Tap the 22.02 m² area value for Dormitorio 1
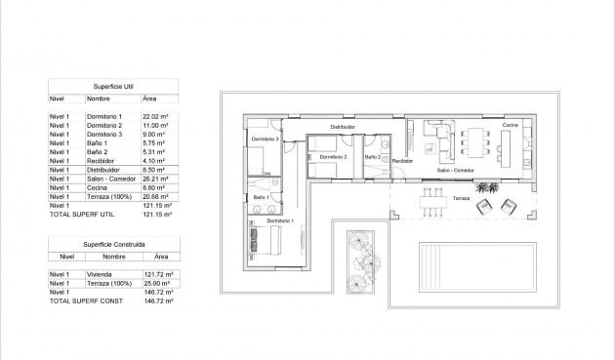click(x=157, y=116)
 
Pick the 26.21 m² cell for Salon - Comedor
click(x=157, y=180)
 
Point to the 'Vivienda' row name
click(x=99, y=275)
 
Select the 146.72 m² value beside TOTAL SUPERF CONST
click(x=158, y=302)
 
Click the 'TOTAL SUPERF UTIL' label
click(x=79, y=215)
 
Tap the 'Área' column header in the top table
click(x=149, y=99)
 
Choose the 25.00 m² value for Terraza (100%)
click(x=157, y=284)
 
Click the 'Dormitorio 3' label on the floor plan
click(x=265, y=140)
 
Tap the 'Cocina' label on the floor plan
click(x=510, y=126)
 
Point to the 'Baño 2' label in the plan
click(x=372, y=156)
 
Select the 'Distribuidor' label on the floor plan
click(x=342, y=127)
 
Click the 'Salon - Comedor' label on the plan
click(x=455, y=171)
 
